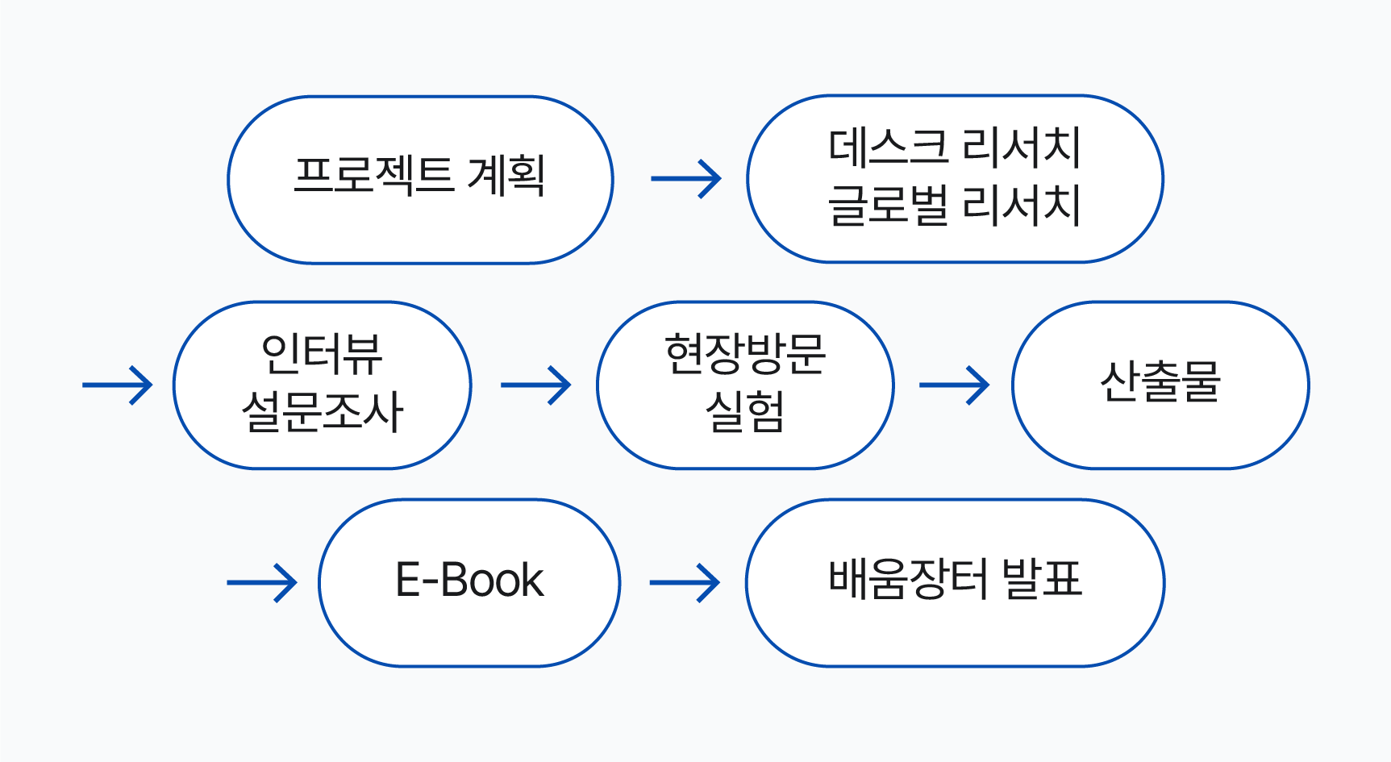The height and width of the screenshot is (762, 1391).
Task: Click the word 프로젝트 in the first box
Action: pyautogui.click(x=374, y=175)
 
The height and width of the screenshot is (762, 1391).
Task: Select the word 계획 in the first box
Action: pyautogui.click(x=506, y=175)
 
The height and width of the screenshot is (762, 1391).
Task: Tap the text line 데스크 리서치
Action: pyautogui.click(x=955, y=148)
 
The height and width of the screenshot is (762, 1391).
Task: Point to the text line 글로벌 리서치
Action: pyautogui.click(x=955, y=206)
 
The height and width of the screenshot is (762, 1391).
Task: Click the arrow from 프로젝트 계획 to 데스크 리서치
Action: pyautogui.click(x=686, y=179)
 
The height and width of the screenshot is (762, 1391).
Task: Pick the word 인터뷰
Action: pyautogui.click(x=322, y=355)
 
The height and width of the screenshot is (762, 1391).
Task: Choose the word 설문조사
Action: pyautogui.click(x=322, y=412)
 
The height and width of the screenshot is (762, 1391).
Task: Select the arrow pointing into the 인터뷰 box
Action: pyautogui.click(x=118, y=385)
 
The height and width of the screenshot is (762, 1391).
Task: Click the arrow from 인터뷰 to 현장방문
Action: pyautogui.click(x=536, y=385)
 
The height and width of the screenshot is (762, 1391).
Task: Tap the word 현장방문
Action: pyautogui.click(x=745, y=355)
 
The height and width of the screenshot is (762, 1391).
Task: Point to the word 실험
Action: pyautogui.click(x=745, y=412)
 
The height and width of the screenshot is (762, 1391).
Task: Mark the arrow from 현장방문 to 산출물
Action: pyautogui.click(x=955, y=385)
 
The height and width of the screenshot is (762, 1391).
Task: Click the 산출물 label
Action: pyautogui.click(x=1160, y=381)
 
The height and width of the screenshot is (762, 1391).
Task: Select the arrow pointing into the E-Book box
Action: pyautogui.click(x=262, y=582)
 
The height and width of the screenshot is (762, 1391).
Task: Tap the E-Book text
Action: pyautogui.click(x=469, y=580)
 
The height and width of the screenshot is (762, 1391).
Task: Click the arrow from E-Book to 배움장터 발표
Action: pyautogui.click(x=685, y=582)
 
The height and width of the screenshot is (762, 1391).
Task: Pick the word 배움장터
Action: pyautogui.click(x=909, y=579)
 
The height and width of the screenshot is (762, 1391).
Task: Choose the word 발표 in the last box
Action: pyautogui.click(x=1042, y=579)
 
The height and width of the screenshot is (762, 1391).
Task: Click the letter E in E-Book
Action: pyautogui.click(x=408, y=580)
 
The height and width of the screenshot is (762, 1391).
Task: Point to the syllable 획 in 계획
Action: pyautogui.click(x=527, y=175)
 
